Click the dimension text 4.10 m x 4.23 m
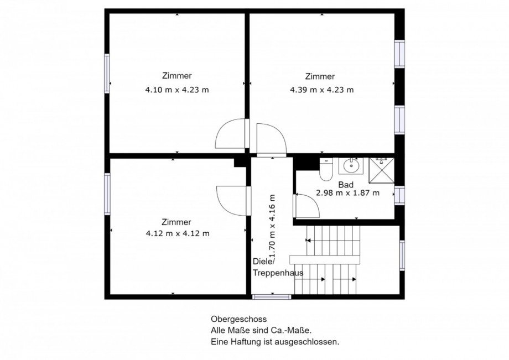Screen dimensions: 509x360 [x=177, y=90]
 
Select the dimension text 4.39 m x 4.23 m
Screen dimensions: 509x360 [x=321, y=90]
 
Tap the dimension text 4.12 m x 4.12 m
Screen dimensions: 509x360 [x=178, y=233]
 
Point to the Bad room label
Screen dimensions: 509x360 [x=346, y=185]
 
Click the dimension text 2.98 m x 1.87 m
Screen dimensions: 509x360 [x=347, y=193]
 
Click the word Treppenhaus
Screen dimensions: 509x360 [x=278, y=273]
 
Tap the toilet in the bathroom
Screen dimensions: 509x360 [x=326, y=169]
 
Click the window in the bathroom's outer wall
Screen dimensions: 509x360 [x=399, y=196]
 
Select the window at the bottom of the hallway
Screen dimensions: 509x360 [x=272, y=297]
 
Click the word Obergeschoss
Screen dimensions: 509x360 [x=238, y=319]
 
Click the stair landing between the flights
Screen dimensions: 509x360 [x=325, y=259]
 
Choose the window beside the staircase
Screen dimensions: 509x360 [x=402, y=255]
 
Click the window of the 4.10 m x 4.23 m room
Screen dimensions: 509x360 [x=107, y=74]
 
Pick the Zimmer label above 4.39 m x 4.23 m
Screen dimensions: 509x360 [x=320, y=76]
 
